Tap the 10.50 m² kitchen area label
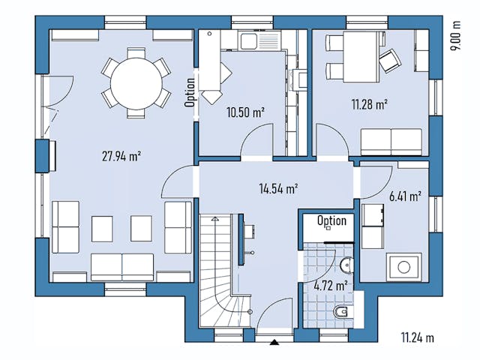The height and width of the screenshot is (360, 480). [245, 112]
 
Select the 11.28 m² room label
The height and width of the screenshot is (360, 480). [369, 105]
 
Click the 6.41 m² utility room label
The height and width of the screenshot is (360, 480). [405, 196]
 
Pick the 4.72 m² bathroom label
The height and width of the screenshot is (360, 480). [330, 286]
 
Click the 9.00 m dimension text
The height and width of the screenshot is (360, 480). [454, 35]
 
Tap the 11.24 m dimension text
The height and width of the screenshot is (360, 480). [417, 337]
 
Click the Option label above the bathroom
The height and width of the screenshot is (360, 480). [331, 220]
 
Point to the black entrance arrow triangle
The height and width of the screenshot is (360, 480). [274, 342]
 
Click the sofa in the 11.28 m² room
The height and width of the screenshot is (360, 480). [391, 141]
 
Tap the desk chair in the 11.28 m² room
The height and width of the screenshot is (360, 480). [388, 59]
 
